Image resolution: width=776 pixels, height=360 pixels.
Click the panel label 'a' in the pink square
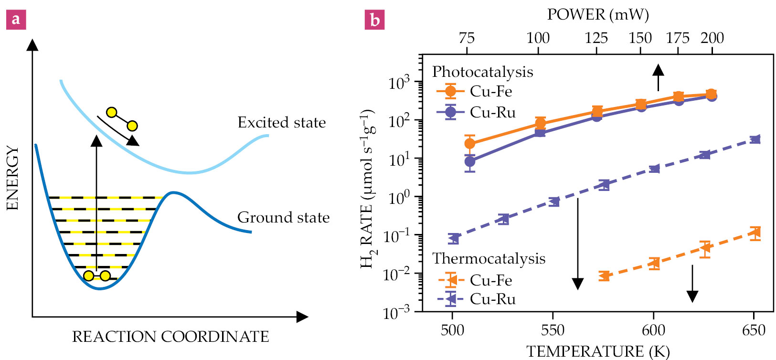point(16,20)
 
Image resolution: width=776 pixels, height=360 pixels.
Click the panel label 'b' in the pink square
point(374,20)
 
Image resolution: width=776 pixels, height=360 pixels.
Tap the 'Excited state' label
point(282,123)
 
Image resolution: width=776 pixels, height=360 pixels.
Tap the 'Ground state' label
point(283,218)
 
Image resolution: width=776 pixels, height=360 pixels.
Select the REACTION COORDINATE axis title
point(170,337)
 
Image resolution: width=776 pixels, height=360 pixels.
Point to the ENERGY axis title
point(13,178)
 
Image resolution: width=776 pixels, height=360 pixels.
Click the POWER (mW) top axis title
point(598,15)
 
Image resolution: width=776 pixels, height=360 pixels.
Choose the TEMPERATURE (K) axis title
point(598,351)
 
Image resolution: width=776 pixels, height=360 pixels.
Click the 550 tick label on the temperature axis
point(553,330)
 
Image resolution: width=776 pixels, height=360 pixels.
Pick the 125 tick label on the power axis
point(596,38)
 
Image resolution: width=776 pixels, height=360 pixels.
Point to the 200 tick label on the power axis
point(712,38)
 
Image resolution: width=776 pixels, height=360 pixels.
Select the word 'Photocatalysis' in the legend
point(482,72)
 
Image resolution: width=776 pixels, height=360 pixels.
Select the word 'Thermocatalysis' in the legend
point(489,259)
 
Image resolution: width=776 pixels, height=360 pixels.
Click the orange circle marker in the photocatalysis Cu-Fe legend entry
point(450,91)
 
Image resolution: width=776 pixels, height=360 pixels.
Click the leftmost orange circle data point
point(470,143)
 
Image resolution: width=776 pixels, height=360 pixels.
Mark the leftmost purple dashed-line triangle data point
point(454,238)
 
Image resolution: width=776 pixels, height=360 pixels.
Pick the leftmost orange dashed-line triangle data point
point(604,275)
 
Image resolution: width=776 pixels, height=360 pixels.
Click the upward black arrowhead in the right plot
point(659,70)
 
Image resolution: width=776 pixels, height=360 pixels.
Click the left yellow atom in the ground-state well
point(88,276)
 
